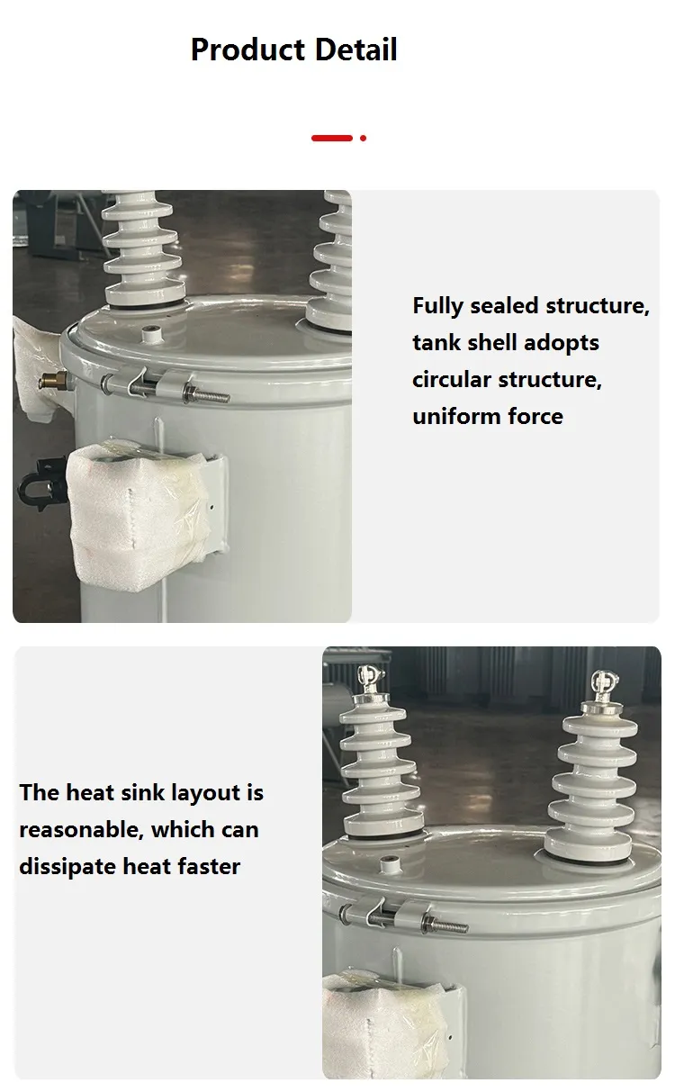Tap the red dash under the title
coord(331,138)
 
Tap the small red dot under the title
coord(363,138)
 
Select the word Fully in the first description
coord(438,307)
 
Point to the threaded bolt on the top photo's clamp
coord(208,394)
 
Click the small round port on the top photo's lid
coord(151,335)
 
